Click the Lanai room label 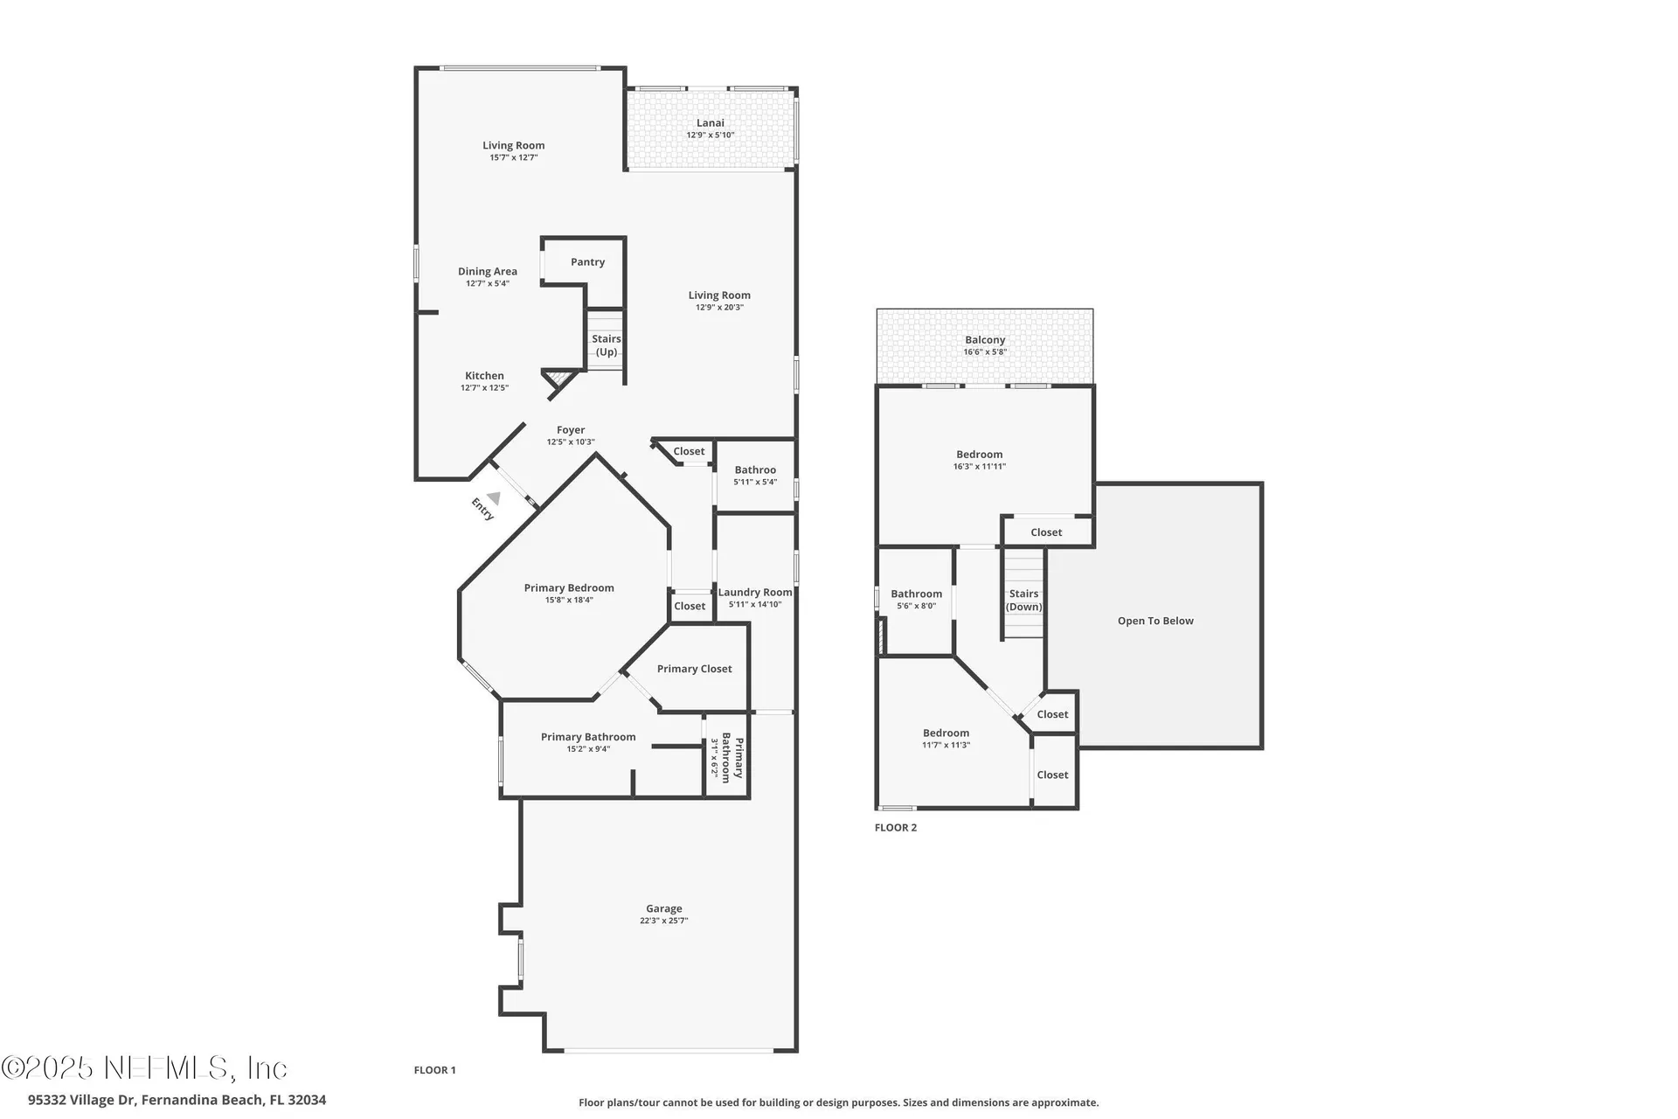(x=710, y=123)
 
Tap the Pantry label (x=587, y=262)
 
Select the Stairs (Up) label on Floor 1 (x=606, y=345)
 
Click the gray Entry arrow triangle (x=494, y=498)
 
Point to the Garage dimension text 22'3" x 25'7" (x=663, y=921)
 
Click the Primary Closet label (x=694, y=669)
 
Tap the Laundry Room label (x=755, y=593)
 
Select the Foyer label (x=571, y=430)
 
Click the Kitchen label (x=484, y=376)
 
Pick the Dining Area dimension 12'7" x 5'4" (x=487, y=283)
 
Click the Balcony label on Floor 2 (x=985, y=340)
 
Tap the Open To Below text (x=1154, y=621)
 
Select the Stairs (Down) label (x=1023, y=600)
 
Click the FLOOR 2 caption (x=895, y=828)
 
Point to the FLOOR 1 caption (x=434, y=1070)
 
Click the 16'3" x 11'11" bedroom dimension (x=979, y=467)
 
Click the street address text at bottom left (x=177, y=1100)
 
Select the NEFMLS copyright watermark (x=144, y=1068)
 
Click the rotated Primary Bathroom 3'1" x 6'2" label (x=726, y=758)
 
